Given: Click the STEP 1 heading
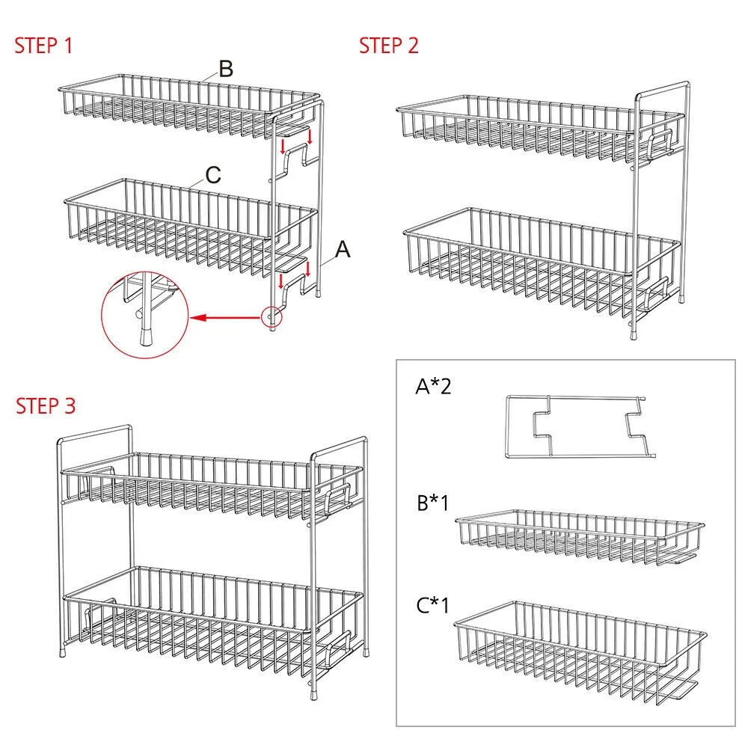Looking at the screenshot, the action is tap(43, 46).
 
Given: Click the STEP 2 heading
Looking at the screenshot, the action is tap(389, 46).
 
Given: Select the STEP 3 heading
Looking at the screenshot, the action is tap(46, 406).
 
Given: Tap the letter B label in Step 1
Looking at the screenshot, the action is tap(226, 69).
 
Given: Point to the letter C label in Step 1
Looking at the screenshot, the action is tap(213, 175).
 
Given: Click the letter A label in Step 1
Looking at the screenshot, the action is tap(343, 250).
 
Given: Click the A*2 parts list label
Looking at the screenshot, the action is tap(433, 386).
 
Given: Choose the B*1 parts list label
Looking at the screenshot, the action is tap(433, 503).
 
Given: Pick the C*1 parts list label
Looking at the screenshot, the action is tap(432, 605).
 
